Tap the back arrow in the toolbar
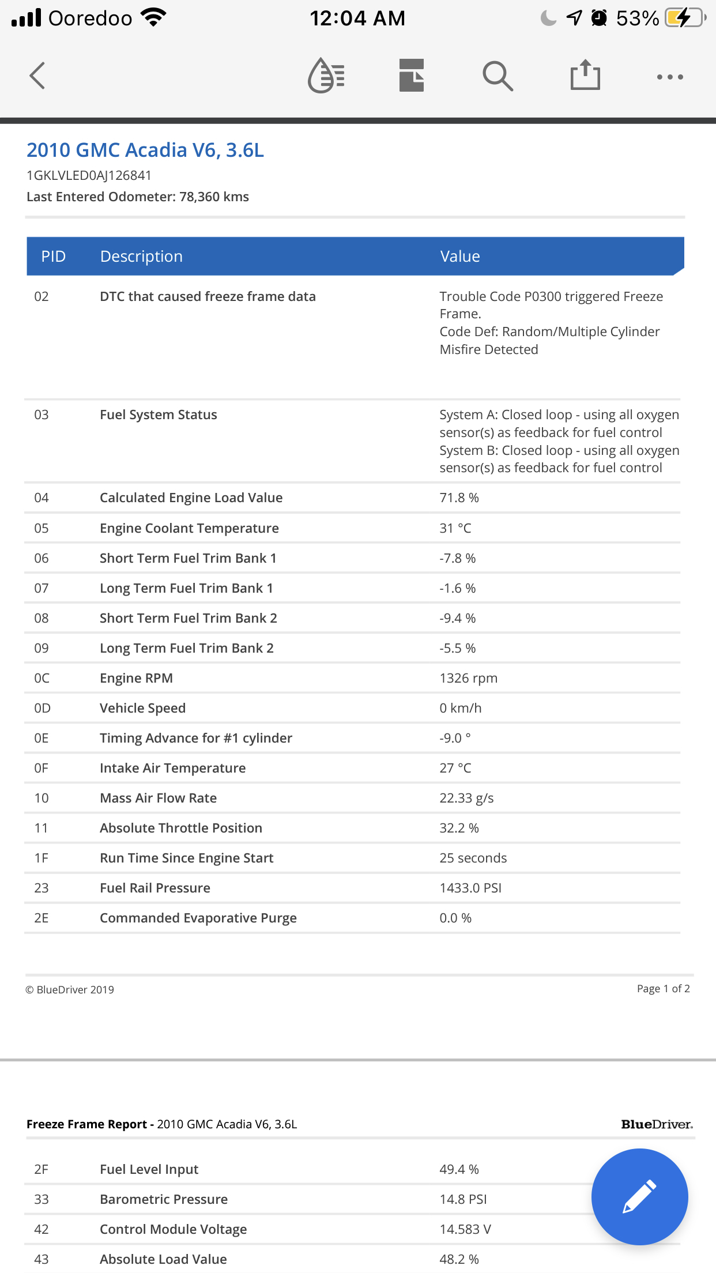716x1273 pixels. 37,76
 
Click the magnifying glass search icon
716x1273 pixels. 498,76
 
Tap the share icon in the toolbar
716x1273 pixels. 585,76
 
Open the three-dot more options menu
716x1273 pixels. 670,77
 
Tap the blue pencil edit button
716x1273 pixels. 639,1196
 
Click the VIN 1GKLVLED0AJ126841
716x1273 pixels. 89,175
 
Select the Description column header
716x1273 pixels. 141,257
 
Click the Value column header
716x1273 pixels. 460,257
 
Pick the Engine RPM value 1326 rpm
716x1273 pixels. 468,678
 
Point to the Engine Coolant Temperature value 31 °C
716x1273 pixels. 455,528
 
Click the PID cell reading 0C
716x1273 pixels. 42,678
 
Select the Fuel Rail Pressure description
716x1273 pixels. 155,888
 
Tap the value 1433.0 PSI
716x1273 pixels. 470,888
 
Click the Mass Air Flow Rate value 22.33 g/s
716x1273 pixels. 466,798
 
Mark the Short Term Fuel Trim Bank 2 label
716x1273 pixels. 188,618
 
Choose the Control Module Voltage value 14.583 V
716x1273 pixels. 465,1229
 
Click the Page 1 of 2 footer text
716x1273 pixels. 663,989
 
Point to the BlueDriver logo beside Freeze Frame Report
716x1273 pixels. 657,1124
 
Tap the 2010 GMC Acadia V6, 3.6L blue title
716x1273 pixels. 145,150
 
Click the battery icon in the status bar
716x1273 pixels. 684,18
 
